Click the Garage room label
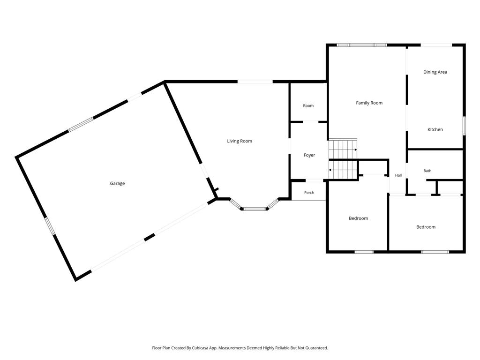point(117,183)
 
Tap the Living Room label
point(240,141)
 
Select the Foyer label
point(309,155)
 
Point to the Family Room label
point(369,103)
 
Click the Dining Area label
point(435,72)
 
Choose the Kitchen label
point(435,129)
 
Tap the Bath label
point(427,171)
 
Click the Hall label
point(398,175)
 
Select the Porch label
point(309,193)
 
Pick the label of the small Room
point(308,105)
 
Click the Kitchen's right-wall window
point(464,126)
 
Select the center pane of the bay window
point(255,209)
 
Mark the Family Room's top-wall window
point(362,45)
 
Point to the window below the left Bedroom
point(364,252)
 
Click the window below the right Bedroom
point(435,252)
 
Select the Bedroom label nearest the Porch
point(358,218)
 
